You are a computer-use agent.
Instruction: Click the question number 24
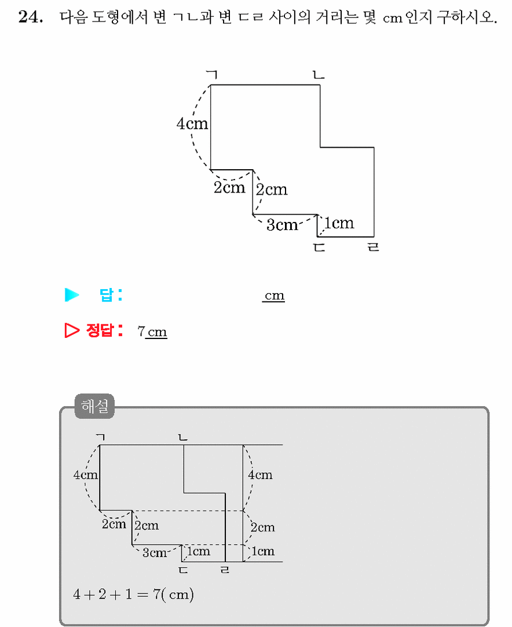(31, 17)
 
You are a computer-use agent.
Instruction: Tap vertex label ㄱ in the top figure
(212, 74)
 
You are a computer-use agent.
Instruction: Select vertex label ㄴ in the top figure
(319, 74)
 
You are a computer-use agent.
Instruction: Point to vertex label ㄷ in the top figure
(319, 247)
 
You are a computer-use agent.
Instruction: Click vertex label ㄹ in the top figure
(373, 247)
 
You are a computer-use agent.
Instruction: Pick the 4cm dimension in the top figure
(192, 123)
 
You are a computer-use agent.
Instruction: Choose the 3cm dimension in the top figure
(282, 225)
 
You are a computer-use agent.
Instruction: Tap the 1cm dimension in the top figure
(339, 223)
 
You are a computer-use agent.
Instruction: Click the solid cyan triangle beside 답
(72, 295)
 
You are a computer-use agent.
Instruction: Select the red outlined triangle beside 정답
(72, 330)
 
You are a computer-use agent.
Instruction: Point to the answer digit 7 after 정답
(141, 331)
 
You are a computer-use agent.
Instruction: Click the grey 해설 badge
(94, 406)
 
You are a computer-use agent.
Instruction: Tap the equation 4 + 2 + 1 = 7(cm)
(133, 594)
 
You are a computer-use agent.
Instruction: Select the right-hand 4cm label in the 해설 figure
(260, 475)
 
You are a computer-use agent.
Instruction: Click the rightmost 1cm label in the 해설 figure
(263, 551)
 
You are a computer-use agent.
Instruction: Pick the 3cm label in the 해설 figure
(154, 553)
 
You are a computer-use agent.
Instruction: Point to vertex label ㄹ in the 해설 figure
(225, 569)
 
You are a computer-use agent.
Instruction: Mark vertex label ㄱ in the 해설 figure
(101, 437)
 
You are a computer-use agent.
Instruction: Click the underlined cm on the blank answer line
(274, 296)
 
